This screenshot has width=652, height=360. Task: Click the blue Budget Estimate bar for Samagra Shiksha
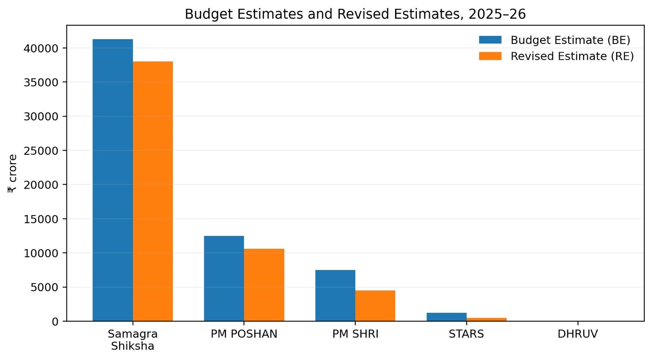click(x=112, y=180)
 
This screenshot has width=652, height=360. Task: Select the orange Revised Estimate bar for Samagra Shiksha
click(x=153, y=191)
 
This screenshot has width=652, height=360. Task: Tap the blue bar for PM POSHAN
click(x=224, y=279)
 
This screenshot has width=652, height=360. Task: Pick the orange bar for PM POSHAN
click(x=264, y=285)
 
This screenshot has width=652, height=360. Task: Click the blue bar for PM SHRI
click(x=335, y=295)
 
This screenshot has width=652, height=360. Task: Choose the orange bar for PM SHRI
click(x=375, y=305)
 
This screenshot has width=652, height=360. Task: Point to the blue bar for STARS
click(x=447, y=317)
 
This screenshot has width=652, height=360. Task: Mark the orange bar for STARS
click(x=487, y=320)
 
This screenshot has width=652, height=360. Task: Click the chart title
click(x=355, y=14)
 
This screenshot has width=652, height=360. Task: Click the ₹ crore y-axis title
click(x=12, y=173)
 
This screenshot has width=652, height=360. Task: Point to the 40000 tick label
click(x=41, y=48)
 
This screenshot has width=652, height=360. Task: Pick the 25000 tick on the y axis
click(x=41, y=151)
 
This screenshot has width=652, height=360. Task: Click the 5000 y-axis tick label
click(x=44, y=287)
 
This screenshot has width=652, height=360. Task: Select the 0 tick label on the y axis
click(x=55, y=322)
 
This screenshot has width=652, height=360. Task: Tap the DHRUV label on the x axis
click(x=577, y=334)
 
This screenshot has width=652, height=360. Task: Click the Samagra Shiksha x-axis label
click(x=133, y=340)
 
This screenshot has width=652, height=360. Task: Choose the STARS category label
click(x=466, y=334)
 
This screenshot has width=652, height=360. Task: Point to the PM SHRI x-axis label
click(x=355, y=334)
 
